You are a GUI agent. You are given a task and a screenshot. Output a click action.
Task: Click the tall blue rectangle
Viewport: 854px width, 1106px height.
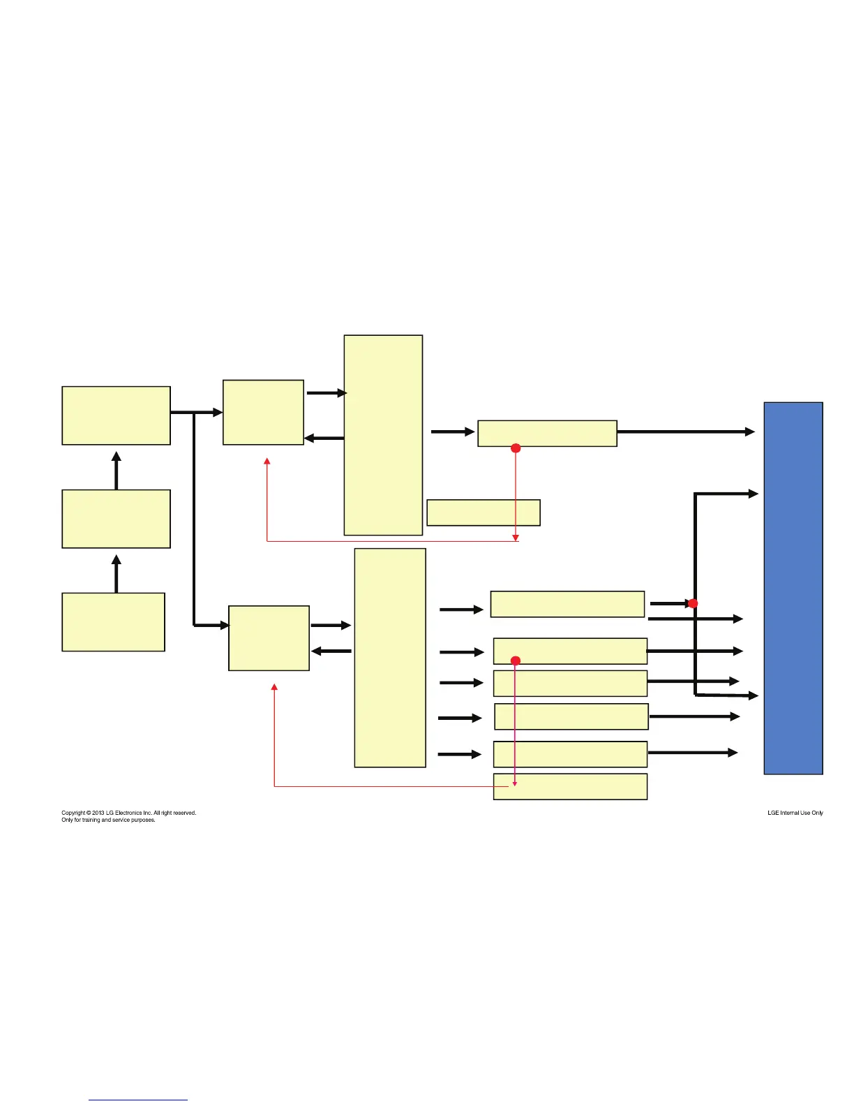pos(793,588)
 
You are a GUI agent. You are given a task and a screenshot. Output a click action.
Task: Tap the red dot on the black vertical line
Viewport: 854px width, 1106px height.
pos(693,603)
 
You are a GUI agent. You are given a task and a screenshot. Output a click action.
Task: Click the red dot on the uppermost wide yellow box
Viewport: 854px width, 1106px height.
pos(516,448)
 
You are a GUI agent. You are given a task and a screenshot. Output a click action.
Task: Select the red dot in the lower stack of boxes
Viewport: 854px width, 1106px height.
pos(516,661)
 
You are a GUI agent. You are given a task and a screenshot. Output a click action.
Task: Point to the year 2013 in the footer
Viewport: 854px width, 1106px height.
pos(98,813)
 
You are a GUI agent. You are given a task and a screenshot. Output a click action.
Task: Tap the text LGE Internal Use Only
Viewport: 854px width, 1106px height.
pos(795,813)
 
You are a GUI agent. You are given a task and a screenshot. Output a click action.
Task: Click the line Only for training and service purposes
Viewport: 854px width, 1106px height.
pos(108,820)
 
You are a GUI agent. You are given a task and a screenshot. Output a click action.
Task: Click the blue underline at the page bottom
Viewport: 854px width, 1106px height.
pos(138,1100)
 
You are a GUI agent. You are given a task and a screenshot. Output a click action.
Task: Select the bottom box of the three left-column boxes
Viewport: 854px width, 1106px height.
pos(113,622)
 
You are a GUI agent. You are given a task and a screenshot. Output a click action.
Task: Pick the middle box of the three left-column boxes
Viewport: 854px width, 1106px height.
pos(116,519)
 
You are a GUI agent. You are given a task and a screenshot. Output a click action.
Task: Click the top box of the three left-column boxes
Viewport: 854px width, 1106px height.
pos(116,415)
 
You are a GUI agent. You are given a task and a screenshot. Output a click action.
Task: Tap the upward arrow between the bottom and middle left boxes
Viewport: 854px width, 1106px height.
pos(117,573)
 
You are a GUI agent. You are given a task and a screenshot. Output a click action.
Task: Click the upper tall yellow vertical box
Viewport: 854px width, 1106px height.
pos(383,435)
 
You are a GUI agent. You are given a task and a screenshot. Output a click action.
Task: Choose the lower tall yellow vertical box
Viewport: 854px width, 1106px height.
pos(390,658)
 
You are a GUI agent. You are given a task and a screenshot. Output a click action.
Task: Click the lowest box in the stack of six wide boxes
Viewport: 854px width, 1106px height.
pos(570,786)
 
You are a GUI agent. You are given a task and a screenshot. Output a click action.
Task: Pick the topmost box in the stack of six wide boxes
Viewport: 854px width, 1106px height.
pos(567,604)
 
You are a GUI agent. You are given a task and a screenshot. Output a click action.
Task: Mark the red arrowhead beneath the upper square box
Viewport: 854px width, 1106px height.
pos(267,462)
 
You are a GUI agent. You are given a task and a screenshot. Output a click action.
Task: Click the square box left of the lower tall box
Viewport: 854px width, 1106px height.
pos(269,638)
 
